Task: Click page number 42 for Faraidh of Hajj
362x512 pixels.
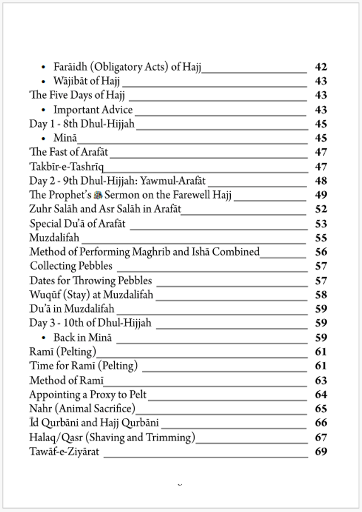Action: (321, 67)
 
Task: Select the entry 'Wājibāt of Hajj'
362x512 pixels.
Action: (87, 82)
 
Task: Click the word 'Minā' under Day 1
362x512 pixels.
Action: (65, 138)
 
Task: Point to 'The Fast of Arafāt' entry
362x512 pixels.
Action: (68, 152)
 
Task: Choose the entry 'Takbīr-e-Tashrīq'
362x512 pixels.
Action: (66, 167)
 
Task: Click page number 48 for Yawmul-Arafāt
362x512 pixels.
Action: (321, 181)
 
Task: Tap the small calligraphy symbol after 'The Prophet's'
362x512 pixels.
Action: (98, 195)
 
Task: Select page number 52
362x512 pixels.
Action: (321, 210)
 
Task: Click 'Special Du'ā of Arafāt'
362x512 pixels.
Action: (77, 224)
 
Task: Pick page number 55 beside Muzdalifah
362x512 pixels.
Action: (321, 238)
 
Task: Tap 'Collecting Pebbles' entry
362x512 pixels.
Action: (71, 266)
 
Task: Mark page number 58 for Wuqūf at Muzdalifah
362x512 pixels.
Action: (321, 295)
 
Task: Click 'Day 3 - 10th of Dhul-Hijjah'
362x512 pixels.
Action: (90, 323)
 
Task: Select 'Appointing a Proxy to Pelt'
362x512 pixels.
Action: (88, 395)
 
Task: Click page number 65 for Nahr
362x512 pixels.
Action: (321, 409)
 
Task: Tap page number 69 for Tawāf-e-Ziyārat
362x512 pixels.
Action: (321, 452)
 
